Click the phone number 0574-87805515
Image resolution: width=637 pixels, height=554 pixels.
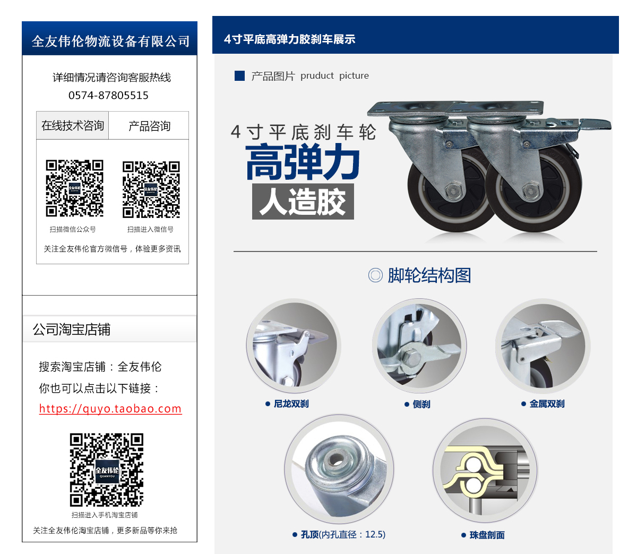click(x=108, y=95)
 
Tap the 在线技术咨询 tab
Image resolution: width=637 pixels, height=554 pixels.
click(x=73, y=125)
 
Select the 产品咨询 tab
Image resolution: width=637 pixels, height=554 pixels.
click(x=149, y=125)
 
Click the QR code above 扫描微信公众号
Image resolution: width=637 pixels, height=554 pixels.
click(x=74, y=188)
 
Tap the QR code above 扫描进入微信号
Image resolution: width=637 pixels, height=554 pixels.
click(x=151, y=189)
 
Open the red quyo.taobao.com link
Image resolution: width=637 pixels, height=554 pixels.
click(x=110, y=408)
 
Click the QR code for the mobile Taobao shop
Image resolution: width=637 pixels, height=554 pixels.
click(x=107, y=469)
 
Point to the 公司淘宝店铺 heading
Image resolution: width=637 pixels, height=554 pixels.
click(x=71, y=329)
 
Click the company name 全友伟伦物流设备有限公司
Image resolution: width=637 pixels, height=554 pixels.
click(x=110, y=41)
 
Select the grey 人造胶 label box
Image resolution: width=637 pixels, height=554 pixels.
click(x=303, y=202)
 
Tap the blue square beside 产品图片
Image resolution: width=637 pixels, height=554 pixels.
click(x=239, y=75)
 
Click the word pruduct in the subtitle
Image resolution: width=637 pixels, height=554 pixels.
click(x=317, y=75)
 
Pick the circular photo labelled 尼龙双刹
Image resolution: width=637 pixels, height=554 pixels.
click(x=293, y=346)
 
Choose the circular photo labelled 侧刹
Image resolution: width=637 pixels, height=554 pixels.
click(x=419, y=346)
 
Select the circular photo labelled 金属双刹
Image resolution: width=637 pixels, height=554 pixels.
click(x=543, y=346)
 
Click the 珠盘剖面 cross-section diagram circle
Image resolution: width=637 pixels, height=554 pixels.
click(x=485, y=470)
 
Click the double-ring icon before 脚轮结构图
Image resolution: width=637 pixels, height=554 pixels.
click(x=375, y=275)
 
